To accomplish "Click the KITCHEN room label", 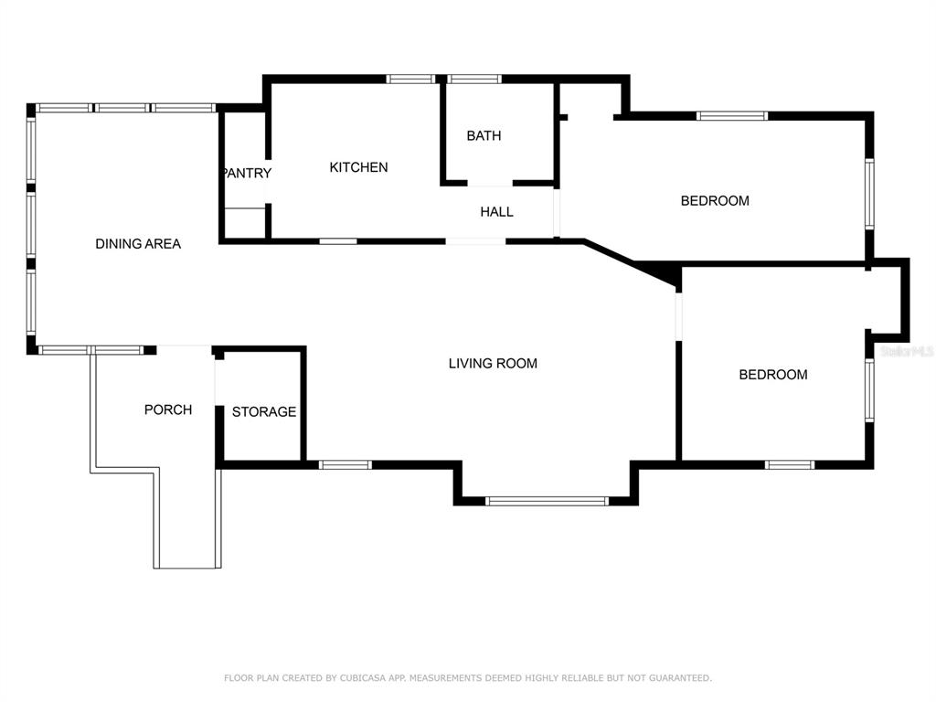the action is [358, 167].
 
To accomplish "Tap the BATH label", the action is [484, 135].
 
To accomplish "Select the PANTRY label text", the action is [247, 173].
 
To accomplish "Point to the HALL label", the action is [496, 211].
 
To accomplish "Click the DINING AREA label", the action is [138, 243].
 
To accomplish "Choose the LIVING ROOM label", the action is [493, 363].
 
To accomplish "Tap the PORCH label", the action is [168, 409].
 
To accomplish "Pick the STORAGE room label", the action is [264, 411].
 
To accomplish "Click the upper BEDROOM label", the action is [715, 200].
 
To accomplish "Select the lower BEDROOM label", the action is [773, 374].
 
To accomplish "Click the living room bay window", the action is [547, 502].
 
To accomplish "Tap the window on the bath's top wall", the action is [474, 79].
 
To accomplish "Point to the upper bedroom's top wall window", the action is [732, 116].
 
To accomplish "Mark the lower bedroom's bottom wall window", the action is [790, 464].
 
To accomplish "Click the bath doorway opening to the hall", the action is [490, 183].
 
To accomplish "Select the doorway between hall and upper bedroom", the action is [557, 213].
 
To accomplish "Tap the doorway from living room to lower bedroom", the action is [679, 316].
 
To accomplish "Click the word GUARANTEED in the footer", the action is [680, 678].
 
